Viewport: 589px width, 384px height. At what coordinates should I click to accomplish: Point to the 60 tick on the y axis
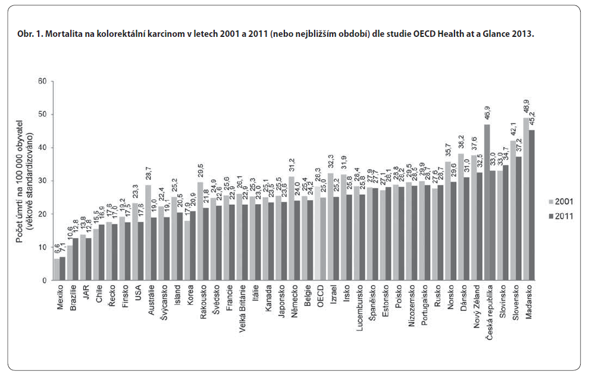pyautogui.click(x=41, y=81)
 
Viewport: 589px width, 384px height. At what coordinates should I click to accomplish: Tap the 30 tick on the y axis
pyautogui.click(x=41, y=181)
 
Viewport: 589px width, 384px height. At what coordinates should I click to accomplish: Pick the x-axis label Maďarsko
pyautogui.click(x=529, y=303)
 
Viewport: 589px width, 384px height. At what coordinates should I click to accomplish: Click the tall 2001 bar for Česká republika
pyautogui.click(x=487, y=202)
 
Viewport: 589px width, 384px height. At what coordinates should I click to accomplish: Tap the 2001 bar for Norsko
pyautogui.click(x=447, y=221)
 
